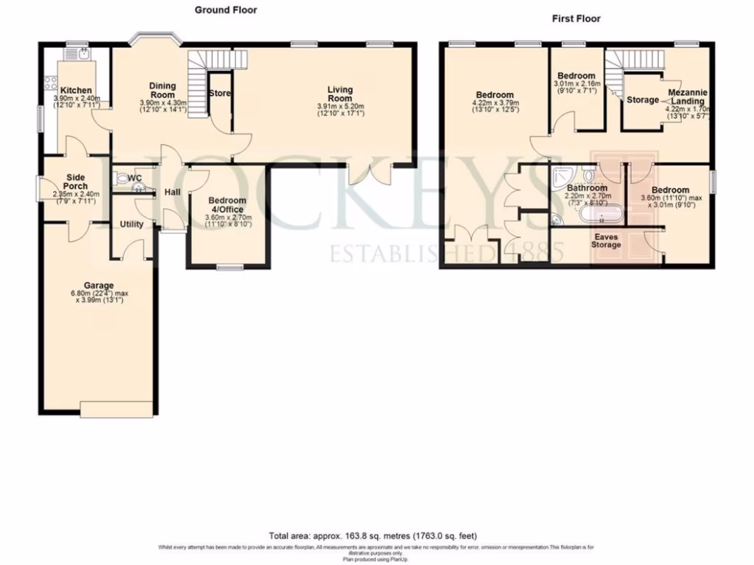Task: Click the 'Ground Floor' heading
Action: tap(225, 10)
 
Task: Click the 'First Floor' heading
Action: tap(576, 18)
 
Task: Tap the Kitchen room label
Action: tap(76, 90)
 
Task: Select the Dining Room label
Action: tap(163, 90)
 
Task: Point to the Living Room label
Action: tap(339, 94)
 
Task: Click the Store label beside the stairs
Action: tap(219, 93)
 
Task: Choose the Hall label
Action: tap(172, 192)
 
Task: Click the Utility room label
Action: tap(131, 224)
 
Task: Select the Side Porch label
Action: tap(76, 182)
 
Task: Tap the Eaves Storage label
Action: tap(607, 241)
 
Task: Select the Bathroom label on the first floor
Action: tap(587, 188)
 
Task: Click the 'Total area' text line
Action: tap(377, 536)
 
